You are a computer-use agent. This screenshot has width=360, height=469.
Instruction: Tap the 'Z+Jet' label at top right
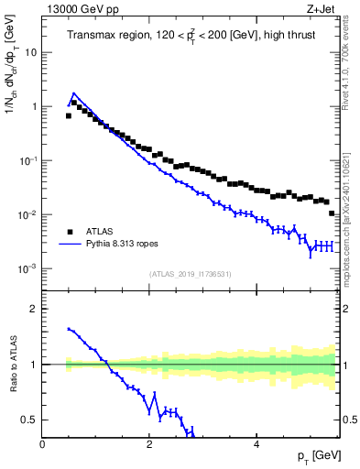[x=322, y=9]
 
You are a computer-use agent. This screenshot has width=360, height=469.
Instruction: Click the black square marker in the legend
[x=70, y=232]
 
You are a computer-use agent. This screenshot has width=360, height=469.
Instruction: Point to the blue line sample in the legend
[x=70, y=245]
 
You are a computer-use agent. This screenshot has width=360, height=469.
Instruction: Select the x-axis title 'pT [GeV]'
[x=314, y=455]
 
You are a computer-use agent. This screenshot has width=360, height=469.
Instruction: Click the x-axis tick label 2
[x=148, y=444]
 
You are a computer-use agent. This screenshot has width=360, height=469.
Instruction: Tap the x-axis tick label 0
[x=42, y=444]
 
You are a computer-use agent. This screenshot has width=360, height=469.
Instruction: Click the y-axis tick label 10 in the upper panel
[x=32, y=52]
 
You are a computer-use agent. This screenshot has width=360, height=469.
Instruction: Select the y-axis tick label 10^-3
[x=27, y=268]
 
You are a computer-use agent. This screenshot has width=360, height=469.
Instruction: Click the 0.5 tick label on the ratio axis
[x=30, y=420]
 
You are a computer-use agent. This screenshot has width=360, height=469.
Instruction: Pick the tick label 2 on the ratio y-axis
[x=35, y=309]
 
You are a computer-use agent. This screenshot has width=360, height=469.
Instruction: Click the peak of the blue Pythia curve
[x=73, y=93]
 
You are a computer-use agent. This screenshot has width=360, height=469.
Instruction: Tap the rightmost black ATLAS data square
[x=332, y=213]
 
